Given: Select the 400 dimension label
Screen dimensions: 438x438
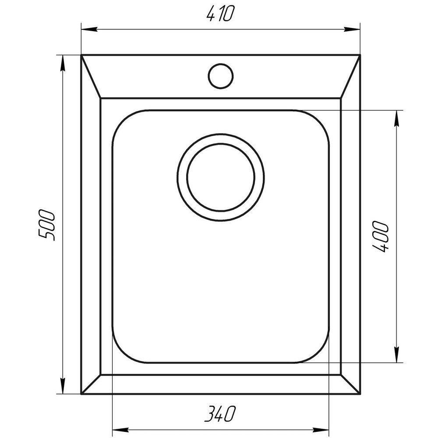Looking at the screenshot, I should [381, 237].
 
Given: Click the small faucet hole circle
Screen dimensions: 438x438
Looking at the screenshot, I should [220, 75].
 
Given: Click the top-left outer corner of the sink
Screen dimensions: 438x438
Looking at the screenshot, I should [81, 56].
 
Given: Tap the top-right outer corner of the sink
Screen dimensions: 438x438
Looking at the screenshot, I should [360, 56].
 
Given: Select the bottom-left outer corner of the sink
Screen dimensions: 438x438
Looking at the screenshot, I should [81, 394].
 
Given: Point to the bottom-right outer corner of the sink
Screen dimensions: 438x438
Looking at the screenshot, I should [360, 394].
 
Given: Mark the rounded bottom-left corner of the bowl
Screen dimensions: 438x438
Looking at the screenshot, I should [123, 353].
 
